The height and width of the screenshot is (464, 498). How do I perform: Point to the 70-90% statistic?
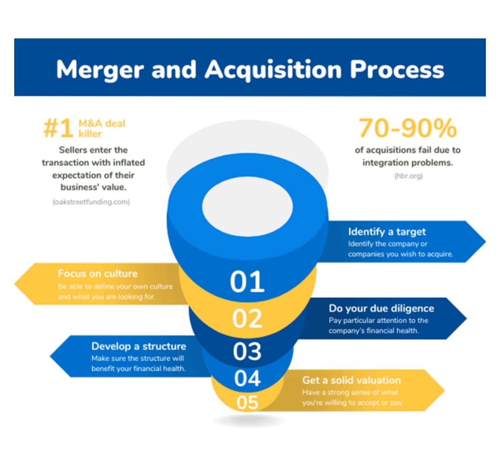coord(407,128)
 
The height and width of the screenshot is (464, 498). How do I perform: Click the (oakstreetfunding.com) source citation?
coord(91,202)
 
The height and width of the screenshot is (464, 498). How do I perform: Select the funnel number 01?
coord(247,282)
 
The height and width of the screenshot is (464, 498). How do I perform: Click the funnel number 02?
coord(247,319)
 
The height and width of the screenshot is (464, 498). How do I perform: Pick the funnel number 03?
coord(247,352)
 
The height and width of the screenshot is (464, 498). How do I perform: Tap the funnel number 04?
coord(247,378)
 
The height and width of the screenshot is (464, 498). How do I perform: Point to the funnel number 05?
coord(247,403)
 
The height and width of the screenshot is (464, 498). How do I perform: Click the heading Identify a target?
coord(387,231)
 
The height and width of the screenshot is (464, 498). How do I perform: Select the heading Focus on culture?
coord(97,274)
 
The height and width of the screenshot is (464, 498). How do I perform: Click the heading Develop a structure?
coord(139,346)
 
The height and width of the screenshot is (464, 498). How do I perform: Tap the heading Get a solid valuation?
coord(351,380)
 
